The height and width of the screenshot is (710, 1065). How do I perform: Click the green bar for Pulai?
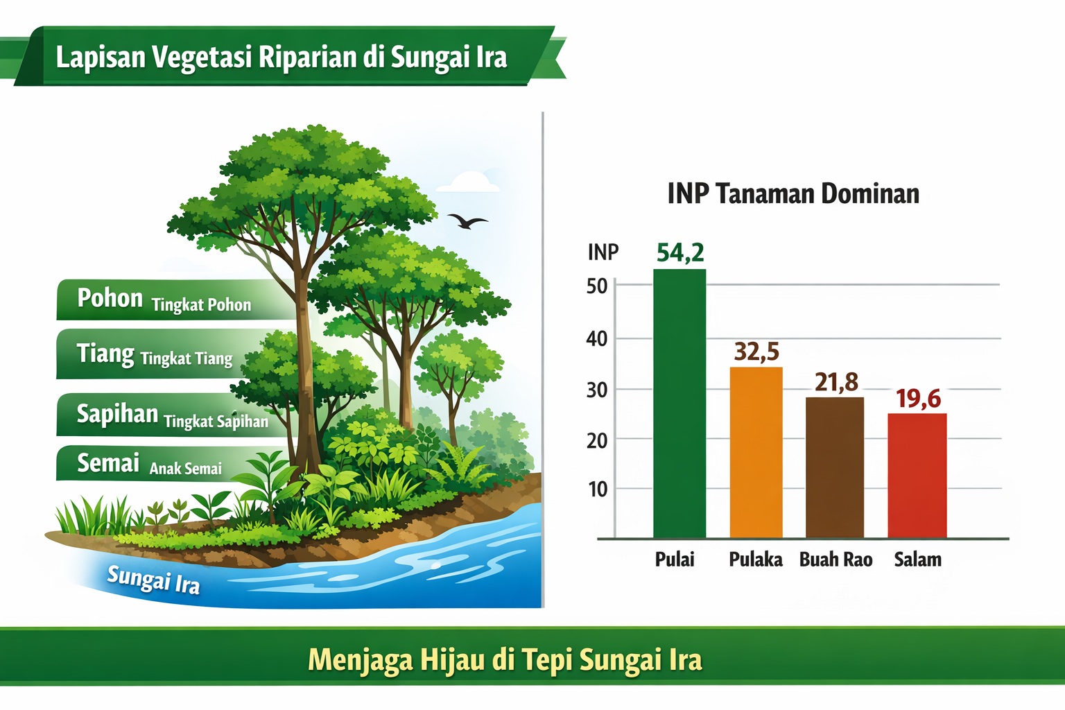tap(679, 404)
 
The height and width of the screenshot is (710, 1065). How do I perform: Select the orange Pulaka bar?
tap(756, 453)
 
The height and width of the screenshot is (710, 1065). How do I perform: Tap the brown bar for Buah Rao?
tap(834, 468)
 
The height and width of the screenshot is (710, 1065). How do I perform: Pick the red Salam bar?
tap(917, 476)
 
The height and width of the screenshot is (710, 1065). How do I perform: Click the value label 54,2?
tap(680, 252)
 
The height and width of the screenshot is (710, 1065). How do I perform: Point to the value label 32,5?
tap(756, 352)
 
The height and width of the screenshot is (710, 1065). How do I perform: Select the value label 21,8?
tap(836, 382)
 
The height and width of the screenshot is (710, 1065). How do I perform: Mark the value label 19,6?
tap(918, 399)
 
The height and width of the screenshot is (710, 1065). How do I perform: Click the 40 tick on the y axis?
tap(597, 339)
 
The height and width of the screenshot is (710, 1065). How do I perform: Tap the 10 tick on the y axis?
tap(598, 490)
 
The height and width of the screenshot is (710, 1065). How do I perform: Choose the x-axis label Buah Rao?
tap(835, 560)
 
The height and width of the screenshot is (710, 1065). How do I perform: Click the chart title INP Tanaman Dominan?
tap(793, 194)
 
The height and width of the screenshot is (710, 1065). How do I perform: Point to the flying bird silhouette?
tap(467, 220)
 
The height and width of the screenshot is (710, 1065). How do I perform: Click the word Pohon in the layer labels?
tap(110, 298)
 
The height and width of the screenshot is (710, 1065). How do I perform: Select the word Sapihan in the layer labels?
tap(117, 413)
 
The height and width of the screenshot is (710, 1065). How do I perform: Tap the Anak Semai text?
tap(185, 469)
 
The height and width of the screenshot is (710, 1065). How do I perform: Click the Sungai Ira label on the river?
tap(153, 580)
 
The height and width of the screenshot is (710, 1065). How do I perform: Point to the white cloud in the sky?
tap(467, 182)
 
